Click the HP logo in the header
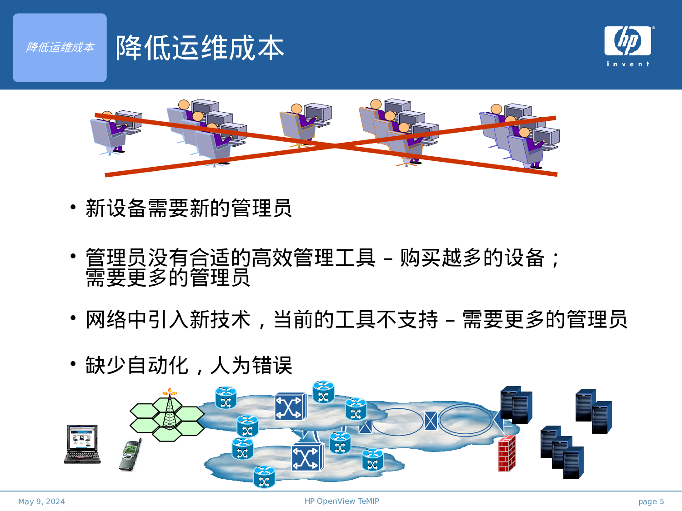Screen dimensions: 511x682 pyautogui.click(x=627, y=41)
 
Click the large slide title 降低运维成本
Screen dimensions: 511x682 pyautogui.click(x=200, y=48)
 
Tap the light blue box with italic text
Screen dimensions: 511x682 pyautogui.click(x=60, y=48)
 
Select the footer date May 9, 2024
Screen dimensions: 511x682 pyautogui.click(x=41, y=501)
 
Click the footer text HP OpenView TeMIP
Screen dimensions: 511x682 pyautogui.click(x=341, y=501)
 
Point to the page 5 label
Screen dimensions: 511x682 pyautogui.click(x=651, y=501)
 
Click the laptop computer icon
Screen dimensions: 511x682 pyautogui.click(x=82, y=444)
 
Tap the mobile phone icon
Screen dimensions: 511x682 pyautogui.click(x=130, y=455)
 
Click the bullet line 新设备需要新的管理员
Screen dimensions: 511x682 pyautogui.click(x=189, y=208)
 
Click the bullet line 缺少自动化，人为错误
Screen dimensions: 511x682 pyautogui.click(x=189, y=365)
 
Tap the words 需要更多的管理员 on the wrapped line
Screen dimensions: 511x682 pyautogui.click(x=168, y=278)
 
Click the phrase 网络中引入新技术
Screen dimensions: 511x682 pyautogui.click(x=168, y=319)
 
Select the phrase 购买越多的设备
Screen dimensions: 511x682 pyautogui.click(x=472, y=258)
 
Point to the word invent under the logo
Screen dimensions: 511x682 pyautogui.click(x=628, y=64)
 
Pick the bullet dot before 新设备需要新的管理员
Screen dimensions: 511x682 pyautogui.click(x=73, y=208)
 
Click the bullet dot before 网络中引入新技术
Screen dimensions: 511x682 pyautogui.click(x=73, y=318)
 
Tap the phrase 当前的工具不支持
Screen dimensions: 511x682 pyautogui.click(x=356, y=319)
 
